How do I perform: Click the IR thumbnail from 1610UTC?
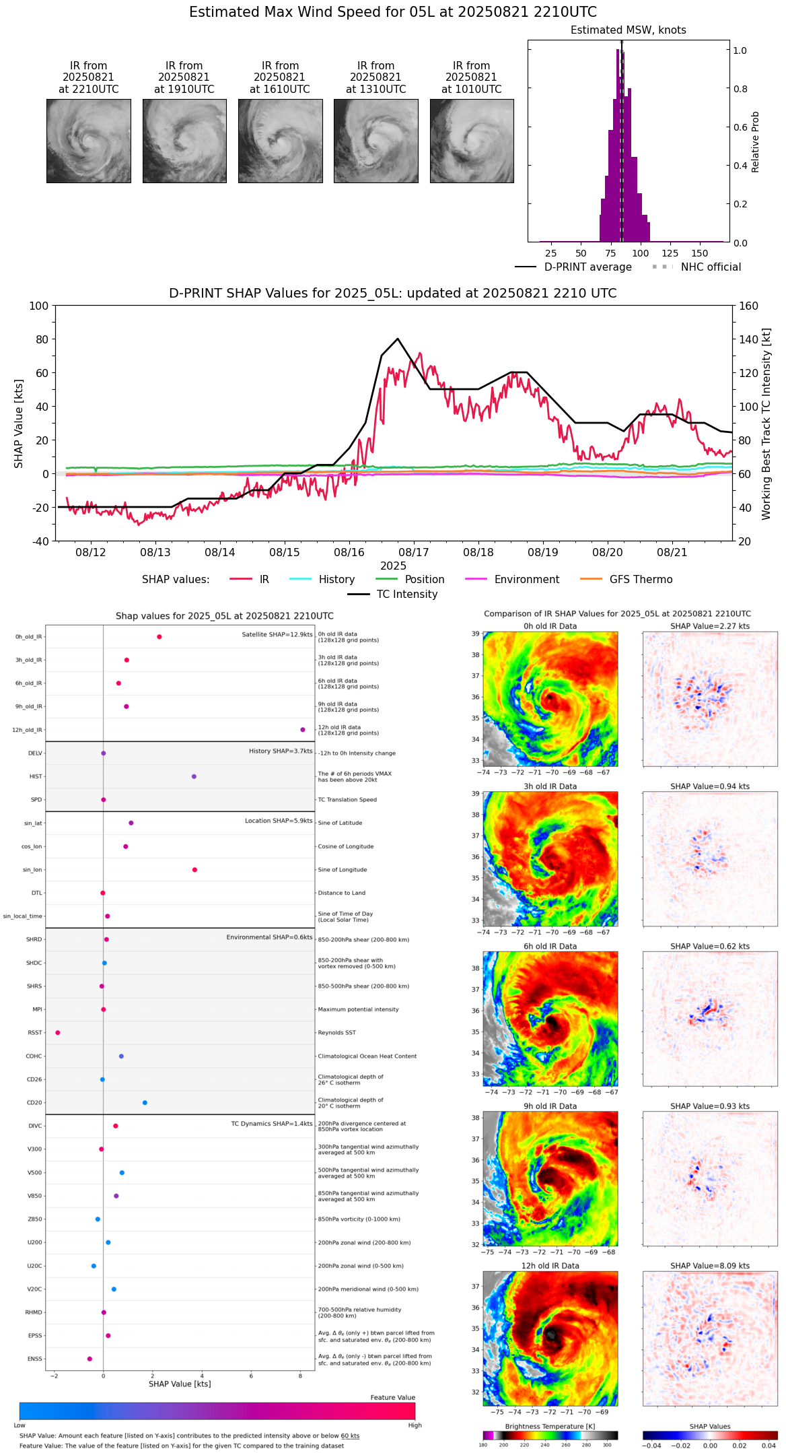(x=280, y=141)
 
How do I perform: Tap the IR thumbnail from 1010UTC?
(x=472, y=141)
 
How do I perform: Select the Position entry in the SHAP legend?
(x=424, y=579)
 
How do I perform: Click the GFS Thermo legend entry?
(x=641, y=579)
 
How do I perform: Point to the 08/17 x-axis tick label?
(x=413, y=552)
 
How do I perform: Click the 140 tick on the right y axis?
(x=749, y=339)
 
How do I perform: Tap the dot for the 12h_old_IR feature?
(x=303, y=730)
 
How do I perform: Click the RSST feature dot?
(x=58, y=1033)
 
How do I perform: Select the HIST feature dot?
(x=194, y=776)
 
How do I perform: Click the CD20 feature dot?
(x=145, y=1103)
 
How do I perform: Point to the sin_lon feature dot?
(x=194, y=870)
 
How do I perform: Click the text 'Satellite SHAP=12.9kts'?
(x=277, y=634)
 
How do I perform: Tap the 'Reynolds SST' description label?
(x=337, y=1033)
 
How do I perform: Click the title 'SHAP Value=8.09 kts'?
(x=710, y=1266)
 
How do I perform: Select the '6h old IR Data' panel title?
(x=550, y=946)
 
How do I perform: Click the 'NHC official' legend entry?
(x=711, y=267)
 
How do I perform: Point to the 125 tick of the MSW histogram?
(x=670, y=253)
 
